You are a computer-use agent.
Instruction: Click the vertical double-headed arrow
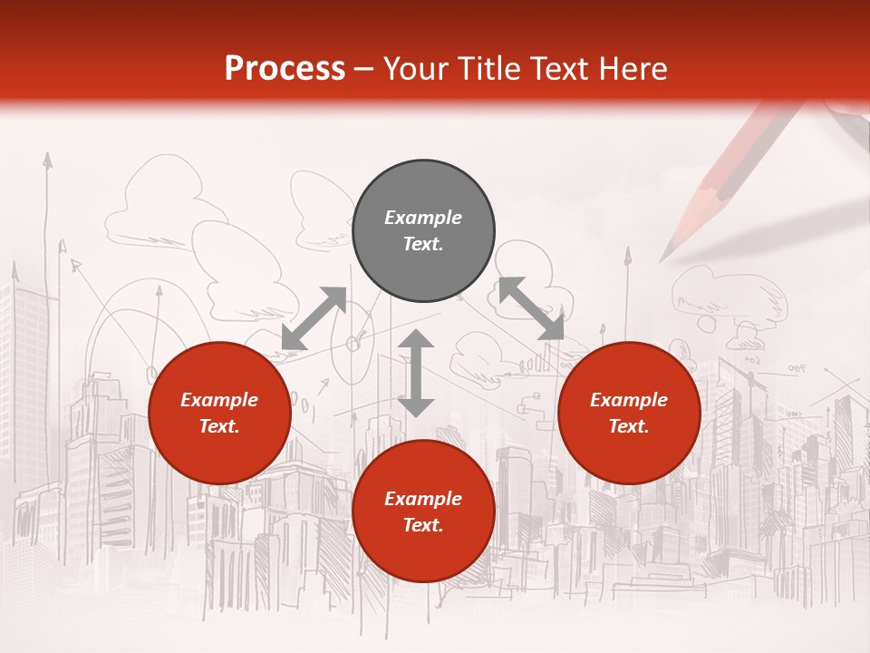416,373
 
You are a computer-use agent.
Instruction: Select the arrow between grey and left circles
314,318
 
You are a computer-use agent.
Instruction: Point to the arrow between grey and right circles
531,309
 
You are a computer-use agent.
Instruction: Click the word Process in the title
285,68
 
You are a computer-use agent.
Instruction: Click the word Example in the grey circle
423,218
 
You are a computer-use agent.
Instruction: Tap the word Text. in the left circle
219,426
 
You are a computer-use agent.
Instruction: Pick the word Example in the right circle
629,400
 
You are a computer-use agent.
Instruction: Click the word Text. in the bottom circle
423,525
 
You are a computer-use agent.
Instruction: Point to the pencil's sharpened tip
666,255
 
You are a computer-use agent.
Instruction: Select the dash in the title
364,68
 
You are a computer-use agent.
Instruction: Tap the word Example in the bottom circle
423,499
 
